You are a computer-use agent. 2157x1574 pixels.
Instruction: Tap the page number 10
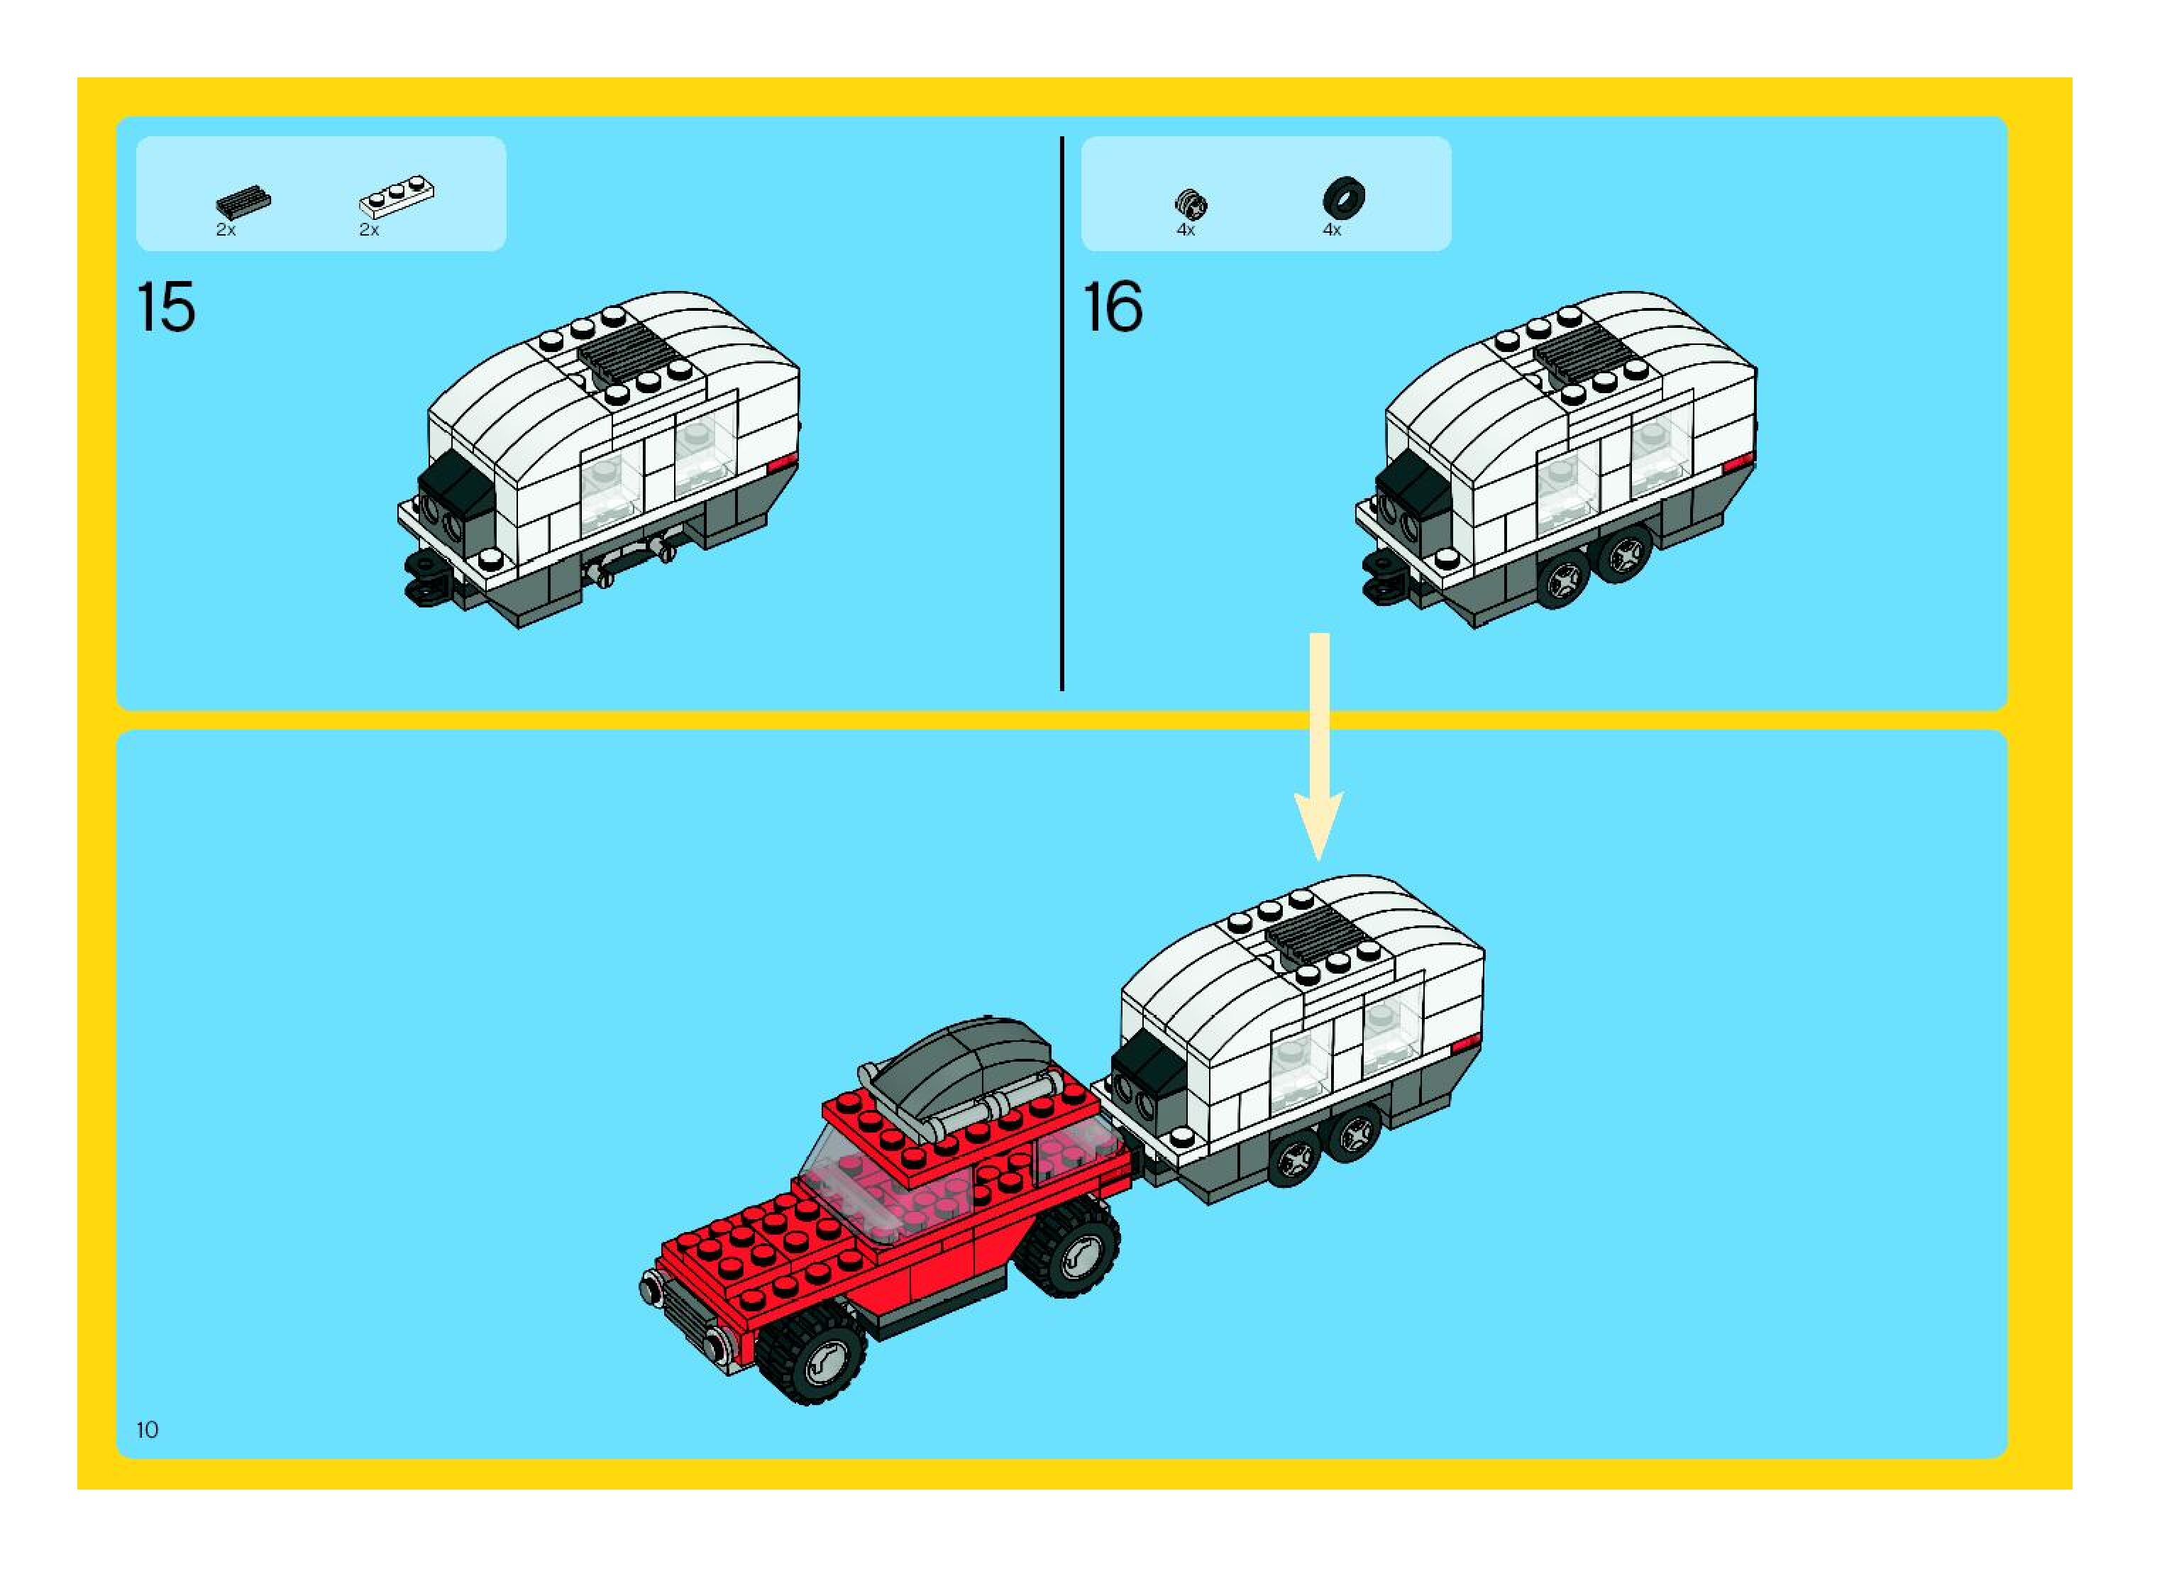point(148,1429)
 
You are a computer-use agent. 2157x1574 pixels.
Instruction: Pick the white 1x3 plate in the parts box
point(397,197)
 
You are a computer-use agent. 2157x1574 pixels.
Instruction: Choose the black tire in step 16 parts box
point(1343,197)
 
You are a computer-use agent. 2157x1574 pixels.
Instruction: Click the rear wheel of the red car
point(1069,1249)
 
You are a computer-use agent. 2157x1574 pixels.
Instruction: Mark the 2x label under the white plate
point(369,231)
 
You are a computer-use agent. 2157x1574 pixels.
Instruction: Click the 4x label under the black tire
point(1332,231)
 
